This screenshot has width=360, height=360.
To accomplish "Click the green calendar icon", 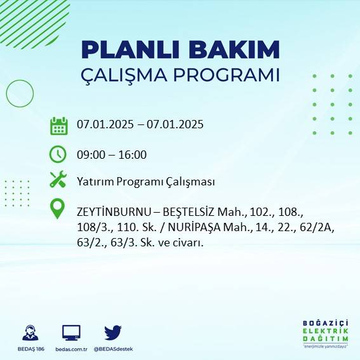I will [x=58, y=126].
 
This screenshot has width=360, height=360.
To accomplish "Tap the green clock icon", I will [x=58, y=154].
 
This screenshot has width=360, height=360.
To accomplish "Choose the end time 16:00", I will [x=132, y=154].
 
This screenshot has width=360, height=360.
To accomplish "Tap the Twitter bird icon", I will [x=113, y=332].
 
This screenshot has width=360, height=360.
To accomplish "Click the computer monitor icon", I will [x=71, y=332].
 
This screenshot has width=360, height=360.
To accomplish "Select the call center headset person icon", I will [x=29, y=333].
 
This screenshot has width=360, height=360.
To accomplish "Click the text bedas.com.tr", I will [x=71, y=349].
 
